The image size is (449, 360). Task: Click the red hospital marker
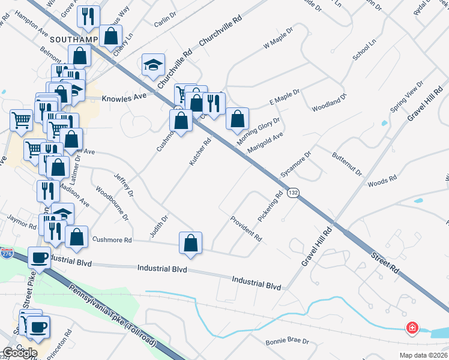pos(412,328)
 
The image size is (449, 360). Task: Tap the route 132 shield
pos(292,193)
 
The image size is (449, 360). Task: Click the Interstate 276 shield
pos(5,254)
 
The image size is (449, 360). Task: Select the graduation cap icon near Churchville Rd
pos(153,64)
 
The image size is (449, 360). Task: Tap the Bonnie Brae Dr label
pos(287,342)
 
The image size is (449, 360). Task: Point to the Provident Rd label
pos(246,228)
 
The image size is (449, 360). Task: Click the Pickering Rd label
pos(270,205)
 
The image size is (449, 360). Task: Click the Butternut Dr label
pos(347,164)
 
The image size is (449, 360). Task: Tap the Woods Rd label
pos(382,179)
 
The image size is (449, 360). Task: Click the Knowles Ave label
pos(124,97)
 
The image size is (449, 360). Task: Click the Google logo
pos(20,352)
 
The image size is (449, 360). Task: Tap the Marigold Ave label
pos(265,143)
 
